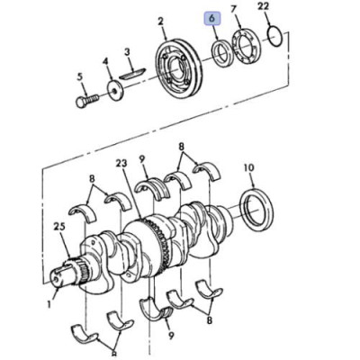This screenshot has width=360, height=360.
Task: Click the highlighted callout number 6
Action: (x=212, y=18)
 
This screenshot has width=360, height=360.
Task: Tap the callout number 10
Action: (x=248, y=168)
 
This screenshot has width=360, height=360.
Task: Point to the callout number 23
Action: (x=121, y=164)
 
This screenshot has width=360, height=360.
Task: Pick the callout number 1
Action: (x=50, y=304)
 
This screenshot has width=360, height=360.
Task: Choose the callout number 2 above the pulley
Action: (x=161, y=22)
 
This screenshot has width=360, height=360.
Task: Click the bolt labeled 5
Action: (x=87, y=100)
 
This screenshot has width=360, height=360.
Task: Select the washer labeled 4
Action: (x=114, y=90)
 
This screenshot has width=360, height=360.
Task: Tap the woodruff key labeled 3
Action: (x=132, y=74)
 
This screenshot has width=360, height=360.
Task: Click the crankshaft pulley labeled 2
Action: (x=179, y=67)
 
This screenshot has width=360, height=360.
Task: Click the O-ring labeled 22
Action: (x=275, y=37)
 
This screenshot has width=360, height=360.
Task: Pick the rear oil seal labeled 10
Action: (x=256, y=210)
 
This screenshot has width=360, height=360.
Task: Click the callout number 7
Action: (x=234, y=10)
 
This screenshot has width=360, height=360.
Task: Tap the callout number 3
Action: (x=127, y=53)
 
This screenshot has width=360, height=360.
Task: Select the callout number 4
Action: (x=105, y=61)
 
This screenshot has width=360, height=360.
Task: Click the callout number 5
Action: (x=79, y=76)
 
